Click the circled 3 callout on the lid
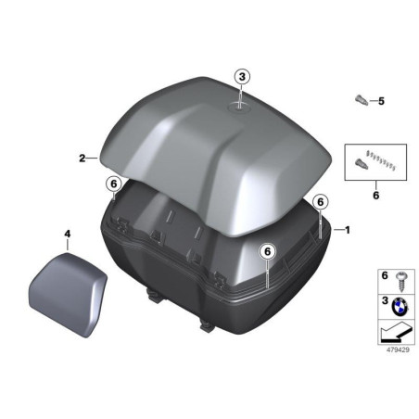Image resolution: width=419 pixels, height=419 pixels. (x=241, y=77)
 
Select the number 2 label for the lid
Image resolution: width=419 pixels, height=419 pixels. (x=82, y=159)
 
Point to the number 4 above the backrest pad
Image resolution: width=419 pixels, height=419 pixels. (x=67, y=235)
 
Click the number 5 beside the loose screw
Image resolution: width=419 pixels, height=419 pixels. (x=380, y=100)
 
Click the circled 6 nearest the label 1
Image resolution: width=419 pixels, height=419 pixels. (x=319, y=201)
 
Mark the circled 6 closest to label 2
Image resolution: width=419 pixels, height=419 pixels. (x=112, y=184)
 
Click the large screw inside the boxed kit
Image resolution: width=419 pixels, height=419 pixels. (x=359, y=164)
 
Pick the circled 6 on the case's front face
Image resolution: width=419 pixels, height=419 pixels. (x=266, y=250)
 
